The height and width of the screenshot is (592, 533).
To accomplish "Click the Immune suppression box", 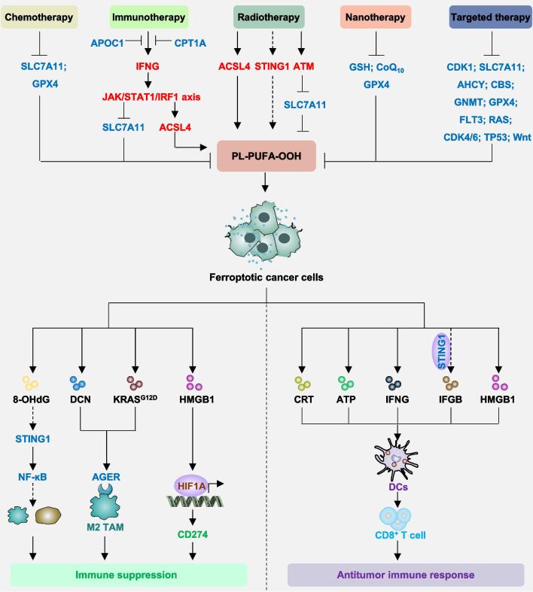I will [x=129, y=575].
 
